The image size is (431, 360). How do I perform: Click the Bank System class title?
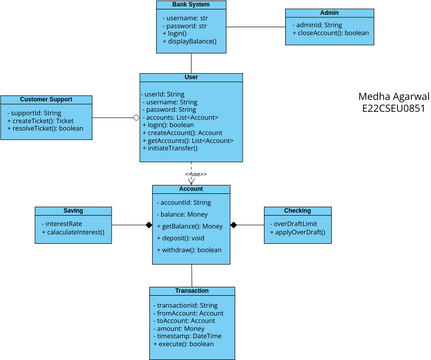pyautogui.click(x=192, y=5)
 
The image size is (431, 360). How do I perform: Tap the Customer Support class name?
pyautogui.click(x=47, y=100)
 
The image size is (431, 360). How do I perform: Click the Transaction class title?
pyautogui.click(x=192, y=292)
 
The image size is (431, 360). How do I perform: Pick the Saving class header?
pyautogui.click(x=73, y=212)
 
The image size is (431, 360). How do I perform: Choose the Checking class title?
pyautogui.click(x=298, y=211)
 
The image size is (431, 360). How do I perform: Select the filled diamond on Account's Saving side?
pyautogui.click(x=147, y=225)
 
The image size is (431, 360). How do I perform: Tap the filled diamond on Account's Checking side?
pyautogui.click(x=234, y=225)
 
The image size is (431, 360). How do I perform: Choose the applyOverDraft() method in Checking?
pyautogui.click(x=300, y=232)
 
